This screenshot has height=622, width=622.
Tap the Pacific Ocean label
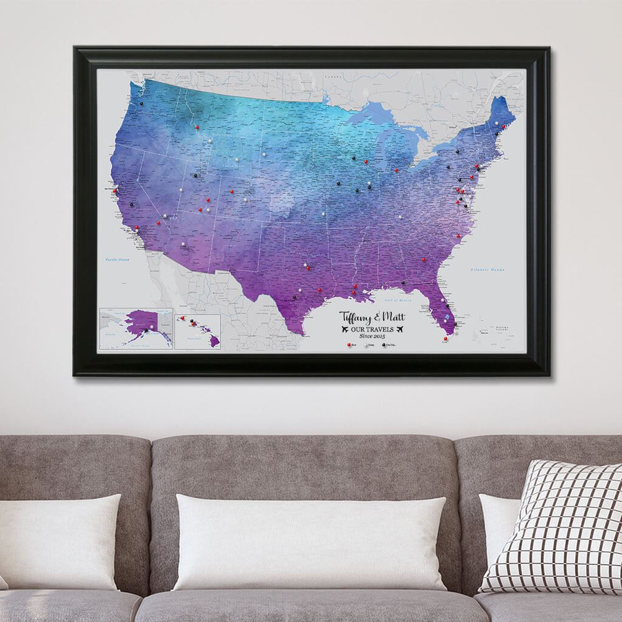click(116, 259)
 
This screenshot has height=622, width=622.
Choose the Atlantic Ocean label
click(489, 270)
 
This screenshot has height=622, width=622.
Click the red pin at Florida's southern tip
click(445, 339)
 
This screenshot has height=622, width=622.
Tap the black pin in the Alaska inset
click(147, 330)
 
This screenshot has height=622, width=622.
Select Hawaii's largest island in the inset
click(215, 340)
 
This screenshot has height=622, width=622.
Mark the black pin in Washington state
click(141, 104)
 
